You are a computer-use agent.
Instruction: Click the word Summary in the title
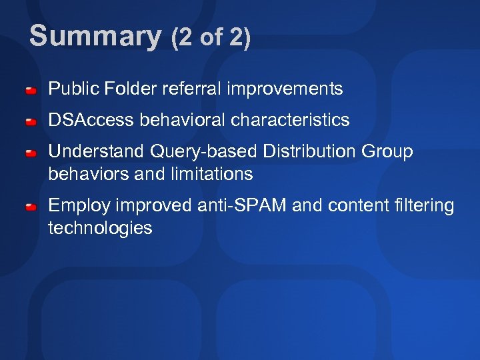pyautogui.click(x=95, y=37)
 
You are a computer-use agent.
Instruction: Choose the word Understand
pyautogui.click(x=96, y=152)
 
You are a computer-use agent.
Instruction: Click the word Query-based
pyautogui.click(x=203, y=152)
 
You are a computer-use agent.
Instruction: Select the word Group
pyautogui.click(x=388, y=152)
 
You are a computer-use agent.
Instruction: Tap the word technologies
pyautogui.click(x=100, y=228)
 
